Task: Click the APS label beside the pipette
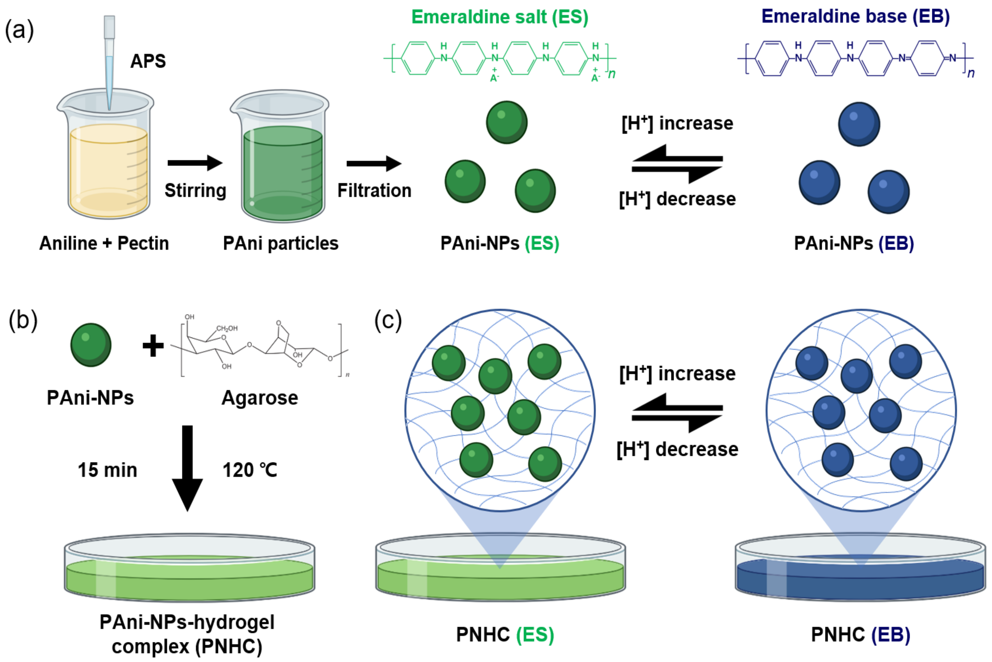click(148, 61)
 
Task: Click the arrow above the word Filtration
click(373, 163)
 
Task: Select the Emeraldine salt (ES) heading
click(500, 17)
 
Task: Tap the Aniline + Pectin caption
click(104, 243)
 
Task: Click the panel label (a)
click(19, 30)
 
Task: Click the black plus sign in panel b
click(153, 346)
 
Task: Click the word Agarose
click(259, 398)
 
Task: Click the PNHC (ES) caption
click(505, 635)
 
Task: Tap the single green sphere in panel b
click(91, 345)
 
